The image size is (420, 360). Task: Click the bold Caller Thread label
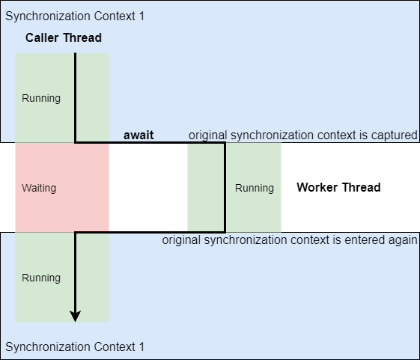tap(64, 37)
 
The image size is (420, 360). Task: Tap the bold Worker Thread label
tap(338, 187)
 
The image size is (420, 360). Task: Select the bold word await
tap(139, 135)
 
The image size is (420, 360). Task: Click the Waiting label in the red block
tap(39, 188)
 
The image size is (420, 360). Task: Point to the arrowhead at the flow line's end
tap(75, 317)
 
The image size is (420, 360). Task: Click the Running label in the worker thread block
tap(254, 188)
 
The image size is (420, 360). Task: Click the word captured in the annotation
tap(395, 135)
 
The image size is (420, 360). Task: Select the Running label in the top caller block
tap(41, 98)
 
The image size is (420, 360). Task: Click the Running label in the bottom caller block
tap(41, 278)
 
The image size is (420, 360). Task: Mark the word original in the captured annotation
tap(207, 135)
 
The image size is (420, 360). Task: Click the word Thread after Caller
tap(83, 37)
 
